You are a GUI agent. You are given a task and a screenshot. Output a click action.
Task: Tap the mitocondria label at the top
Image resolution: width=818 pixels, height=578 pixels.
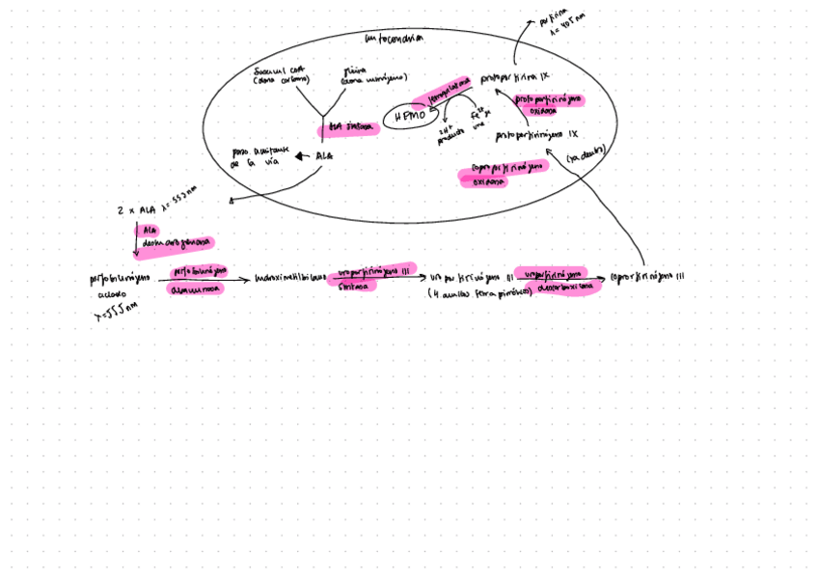coord(394,39)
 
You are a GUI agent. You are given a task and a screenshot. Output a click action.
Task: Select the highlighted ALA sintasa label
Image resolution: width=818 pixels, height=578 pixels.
coord(348,128)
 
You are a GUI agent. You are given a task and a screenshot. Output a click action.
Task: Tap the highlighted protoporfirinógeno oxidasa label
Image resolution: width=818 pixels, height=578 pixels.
coord(549,103)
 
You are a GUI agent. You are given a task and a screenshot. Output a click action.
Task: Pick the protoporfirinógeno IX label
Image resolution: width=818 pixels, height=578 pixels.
coord(535,135)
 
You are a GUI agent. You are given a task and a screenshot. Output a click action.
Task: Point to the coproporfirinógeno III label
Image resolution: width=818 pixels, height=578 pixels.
coord(647,278)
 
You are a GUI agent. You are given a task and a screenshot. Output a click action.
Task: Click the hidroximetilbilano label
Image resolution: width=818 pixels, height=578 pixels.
coord(288,278)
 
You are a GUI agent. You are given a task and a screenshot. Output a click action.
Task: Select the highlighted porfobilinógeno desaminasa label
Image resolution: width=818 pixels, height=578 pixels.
coord(197,280)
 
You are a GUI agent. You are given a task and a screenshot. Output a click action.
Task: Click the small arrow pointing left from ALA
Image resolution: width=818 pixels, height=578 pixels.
coord(302,156)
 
